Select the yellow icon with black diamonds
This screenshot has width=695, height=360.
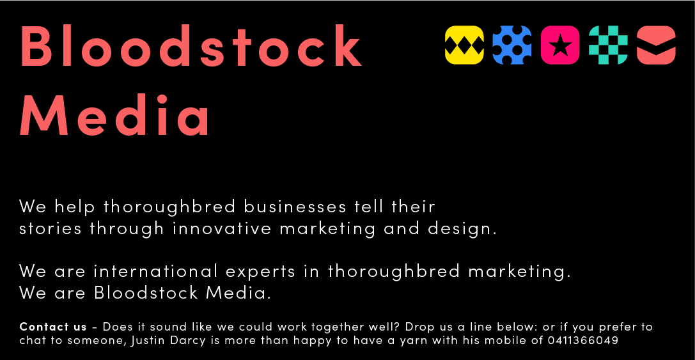[464, 45]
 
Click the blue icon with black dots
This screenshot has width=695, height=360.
[512, 45]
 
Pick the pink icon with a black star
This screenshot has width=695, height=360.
[560, 45]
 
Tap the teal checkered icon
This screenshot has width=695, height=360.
[608, 45]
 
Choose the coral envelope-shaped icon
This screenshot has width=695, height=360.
[656, 45]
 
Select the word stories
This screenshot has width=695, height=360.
[51, 228]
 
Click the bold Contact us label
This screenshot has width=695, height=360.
[53, 327]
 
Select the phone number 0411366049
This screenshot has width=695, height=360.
[583, 341]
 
